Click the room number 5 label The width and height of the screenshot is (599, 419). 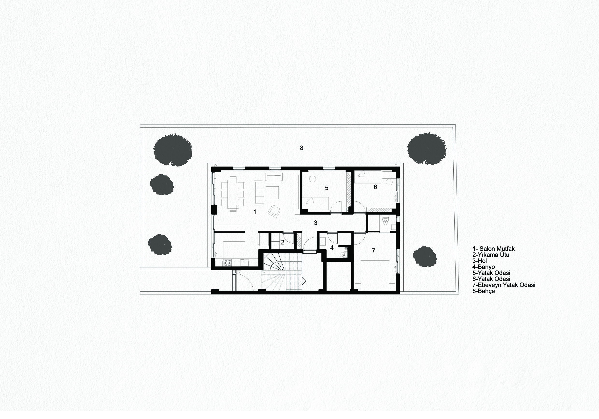[x=326, y=188]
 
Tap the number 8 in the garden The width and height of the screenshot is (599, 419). [x=302, y=148]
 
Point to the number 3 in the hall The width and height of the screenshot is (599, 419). [x=316, y=223]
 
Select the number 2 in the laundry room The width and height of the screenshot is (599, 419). [x=283, y=243]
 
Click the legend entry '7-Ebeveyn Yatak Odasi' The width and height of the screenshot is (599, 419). [x=504, y=285]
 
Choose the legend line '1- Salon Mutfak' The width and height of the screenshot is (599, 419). [x=494, y=249]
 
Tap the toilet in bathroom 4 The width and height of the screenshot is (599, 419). [x=344, y=254]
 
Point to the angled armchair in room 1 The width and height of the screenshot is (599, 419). [x=274, y=211]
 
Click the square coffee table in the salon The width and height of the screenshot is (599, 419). [x=272, y=192]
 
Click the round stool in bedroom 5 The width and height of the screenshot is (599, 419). [x=312, y=179]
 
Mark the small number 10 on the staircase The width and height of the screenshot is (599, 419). [x=264, y=272]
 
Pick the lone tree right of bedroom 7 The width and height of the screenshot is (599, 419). [x=425, y=256]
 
